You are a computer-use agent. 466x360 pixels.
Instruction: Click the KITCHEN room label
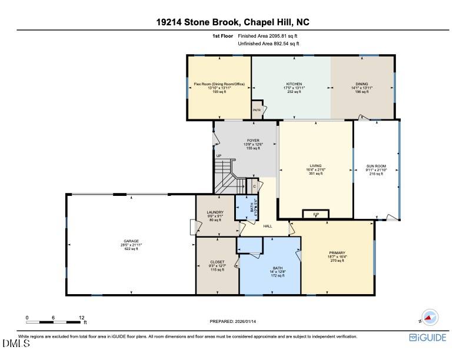[294, 84]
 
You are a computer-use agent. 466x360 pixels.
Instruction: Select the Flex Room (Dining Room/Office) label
[218, 84]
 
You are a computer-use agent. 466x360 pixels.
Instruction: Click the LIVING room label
[315, 166]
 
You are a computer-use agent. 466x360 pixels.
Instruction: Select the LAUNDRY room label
[215, 212]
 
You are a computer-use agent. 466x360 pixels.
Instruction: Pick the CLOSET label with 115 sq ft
[217, 262]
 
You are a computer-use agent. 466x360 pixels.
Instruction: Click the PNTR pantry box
[257, 111]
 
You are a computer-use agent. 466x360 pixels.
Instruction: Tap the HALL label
[268, 226]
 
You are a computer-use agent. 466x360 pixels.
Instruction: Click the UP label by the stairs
[218, 156]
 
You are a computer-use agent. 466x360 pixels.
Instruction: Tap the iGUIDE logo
[428, 338]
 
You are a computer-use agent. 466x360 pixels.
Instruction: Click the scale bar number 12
[81, 317]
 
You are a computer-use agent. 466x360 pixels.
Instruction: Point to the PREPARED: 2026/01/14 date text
[233, 321]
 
